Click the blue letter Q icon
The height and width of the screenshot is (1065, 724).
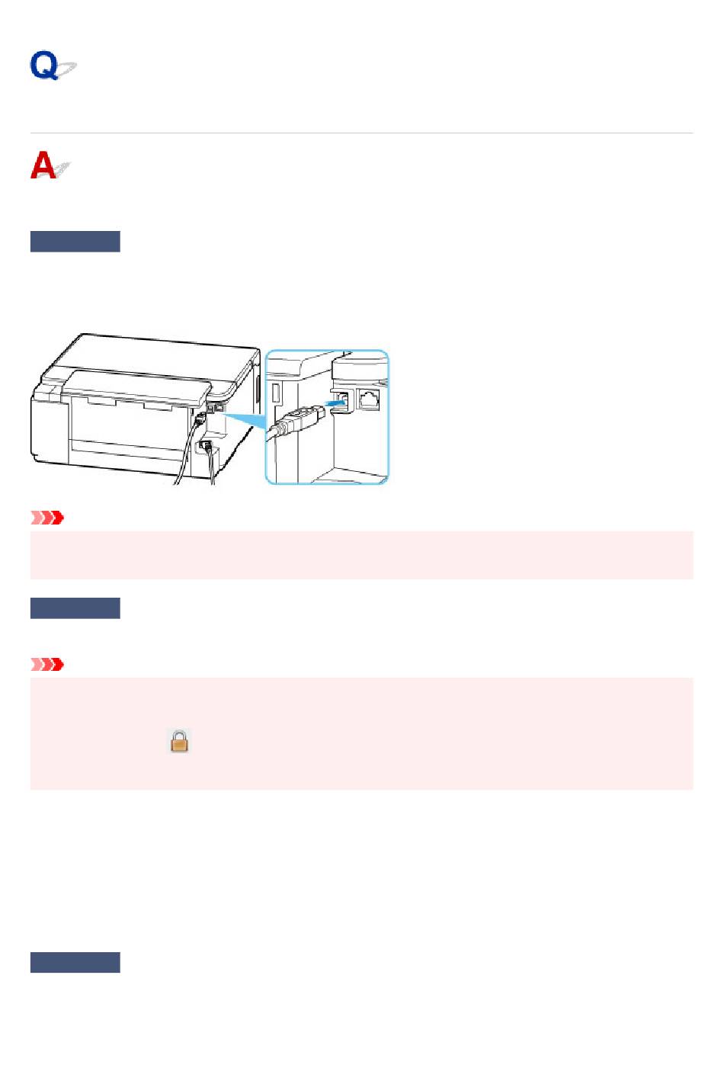click(x=53, y=65)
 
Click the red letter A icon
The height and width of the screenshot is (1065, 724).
click(x=50, y=165)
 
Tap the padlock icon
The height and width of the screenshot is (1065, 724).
click(x=179, y=741)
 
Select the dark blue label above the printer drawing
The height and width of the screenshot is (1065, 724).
click(x=75, y=242)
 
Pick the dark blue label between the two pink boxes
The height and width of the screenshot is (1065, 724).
click(x=75, y=608)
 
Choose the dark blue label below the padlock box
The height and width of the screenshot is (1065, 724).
click(x=75, y=962)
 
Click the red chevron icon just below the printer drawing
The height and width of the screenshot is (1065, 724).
click(x=47, y=518)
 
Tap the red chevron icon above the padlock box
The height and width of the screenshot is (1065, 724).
click(x=47, y=664)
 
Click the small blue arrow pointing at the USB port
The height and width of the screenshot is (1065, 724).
click(x=335, y=403)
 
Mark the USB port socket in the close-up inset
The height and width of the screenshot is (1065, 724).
click(x=342, y=401)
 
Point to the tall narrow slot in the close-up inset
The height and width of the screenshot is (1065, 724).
click(x=275, y=394)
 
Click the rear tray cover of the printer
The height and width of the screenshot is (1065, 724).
click(x=136, y=388)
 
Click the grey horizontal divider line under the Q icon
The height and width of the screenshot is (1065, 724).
click(x=362, y=133)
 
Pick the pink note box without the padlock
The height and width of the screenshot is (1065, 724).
click(x=362, y=555)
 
